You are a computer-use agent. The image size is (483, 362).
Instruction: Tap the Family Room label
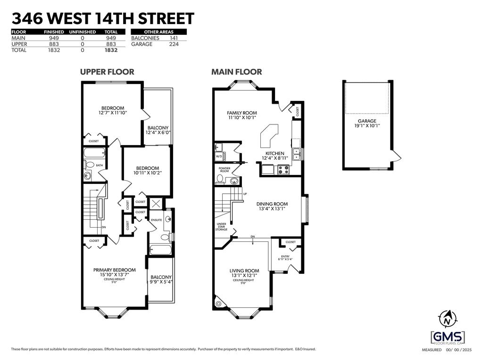[x=241, y=113]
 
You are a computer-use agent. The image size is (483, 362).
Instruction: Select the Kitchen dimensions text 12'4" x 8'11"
[x=275, y=159]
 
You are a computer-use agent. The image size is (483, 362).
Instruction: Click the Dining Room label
[x=272, y=204]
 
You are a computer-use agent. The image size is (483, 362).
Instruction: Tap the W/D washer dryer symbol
[x=219, y=156]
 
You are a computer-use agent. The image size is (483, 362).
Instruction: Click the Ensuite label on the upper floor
[x=156, y=220]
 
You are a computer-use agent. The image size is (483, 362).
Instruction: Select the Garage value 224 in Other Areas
[x=174, y=44]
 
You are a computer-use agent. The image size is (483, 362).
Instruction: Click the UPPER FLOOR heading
[x=107, y=72]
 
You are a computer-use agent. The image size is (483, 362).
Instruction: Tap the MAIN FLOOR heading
[x=236, y=72]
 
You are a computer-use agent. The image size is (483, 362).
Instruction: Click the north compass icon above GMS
[x=446, y=320]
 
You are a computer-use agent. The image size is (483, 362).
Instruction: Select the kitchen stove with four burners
[x=283, y=170]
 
